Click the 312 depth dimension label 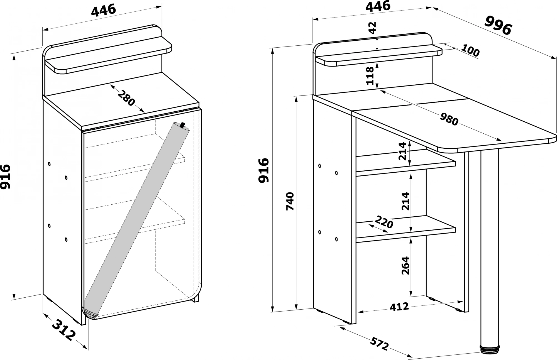64,330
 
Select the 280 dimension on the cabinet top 126,98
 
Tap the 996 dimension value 498,26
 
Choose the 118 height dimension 370,75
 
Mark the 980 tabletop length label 449,119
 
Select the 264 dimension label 405,265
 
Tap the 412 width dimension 399,307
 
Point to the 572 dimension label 379,344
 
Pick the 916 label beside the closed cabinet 6,177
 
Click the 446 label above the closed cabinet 103,10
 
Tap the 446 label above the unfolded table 378,6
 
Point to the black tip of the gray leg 183,125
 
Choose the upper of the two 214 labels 403,151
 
